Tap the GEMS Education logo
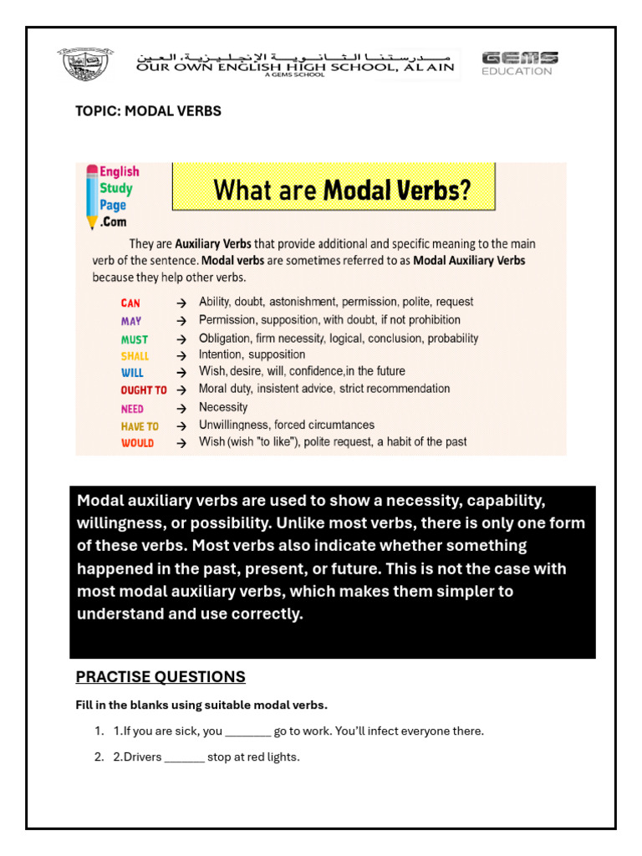pyautogui.click(x=519, y=64)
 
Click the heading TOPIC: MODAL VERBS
pyautogui.click(x=148, y=111)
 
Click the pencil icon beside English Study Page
pyautogui.click(x=91, y=197)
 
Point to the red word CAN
pyautogui.click(x=130, y=303)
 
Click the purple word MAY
pyautogui.click(x=131, y=321)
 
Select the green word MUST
pyautogui.click(x=134, y=339)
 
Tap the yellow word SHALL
pyautogui.click(x=135, y=356)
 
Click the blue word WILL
pyautogui.click(x=132, y=374)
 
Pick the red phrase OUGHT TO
pyautogui.click(x=143, y=390)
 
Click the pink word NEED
pyautogui.click(x=132, y=409)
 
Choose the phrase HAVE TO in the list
pyautogui.click(x=140, y=426)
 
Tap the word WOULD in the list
pyautogui.click(x=137, y=443)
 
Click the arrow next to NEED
pyautogui.click(x=181, y=409)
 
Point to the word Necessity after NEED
pyautogui.click(x=223, y=407)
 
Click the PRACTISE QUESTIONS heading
pyautogui.click(x=160, y=677)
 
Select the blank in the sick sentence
pyautogui.click(x=247, y=732)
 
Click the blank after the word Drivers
pyautogui.click(x=184, y=758)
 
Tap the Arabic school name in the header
pyautogui.click(x=297, y=56)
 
